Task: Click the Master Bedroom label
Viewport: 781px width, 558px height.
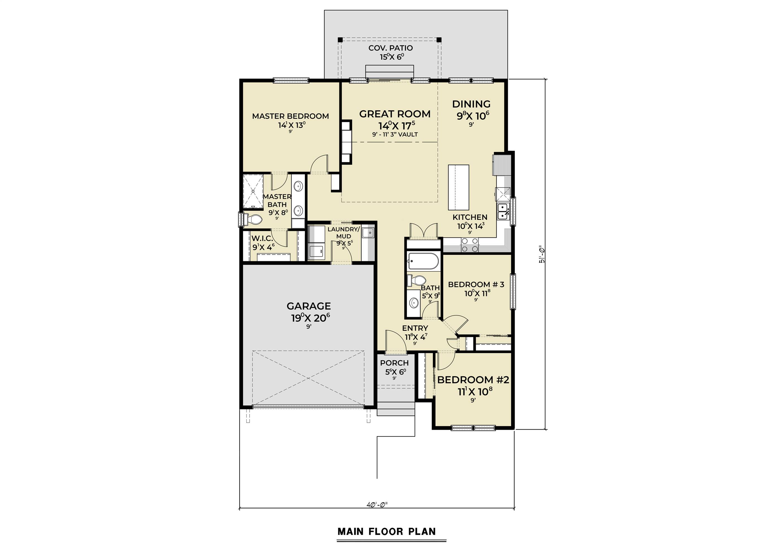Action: coord(290,116)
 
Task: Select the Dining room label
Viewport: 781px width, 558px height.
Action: coord(471,104)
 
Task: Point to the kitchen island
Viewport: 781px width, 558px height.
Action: coord(458,187)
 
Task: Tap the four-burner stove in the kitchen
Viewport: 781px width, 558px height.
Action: coord(470,245)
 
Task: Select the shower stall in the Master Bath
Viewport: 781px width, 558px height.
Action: coord(253,191)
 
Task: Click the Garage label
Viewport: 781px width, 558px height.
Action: coord(308,306)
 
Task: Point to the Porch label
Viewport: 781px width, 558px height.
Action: coord(394,363)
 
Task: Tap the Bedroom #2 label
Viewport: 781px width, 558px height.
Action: coord(473,380)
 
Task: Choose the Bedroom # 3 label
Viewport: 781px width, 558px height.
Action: coord(476,285)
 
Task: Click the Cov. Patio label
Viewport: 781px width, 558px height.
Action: coord(390,48)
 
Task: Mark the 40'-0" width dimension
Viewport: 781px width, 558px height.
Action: coord(377,505)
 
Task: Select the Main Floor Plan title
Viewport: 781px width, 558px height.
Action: coord(387,531)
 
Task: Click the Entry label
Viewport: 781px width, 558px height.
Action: coord(415,328)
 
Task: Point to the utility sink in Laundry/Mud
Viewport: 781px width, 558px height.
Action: coord(368,233)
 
